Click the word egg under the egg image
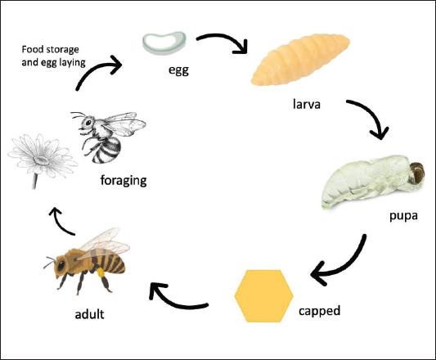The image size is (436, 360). point(178,70)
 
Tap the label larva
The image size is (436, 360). point(307,104)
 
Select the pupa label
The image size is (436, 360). point(403,216)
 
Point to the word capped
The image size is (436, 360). point(320,311)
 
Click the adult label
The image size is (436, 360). point(89,314)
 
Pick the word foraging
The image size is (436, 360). point(124,181)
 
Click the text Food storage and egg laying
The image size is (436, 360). point(53,56)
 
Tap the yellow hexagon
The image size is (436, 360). point(263,296)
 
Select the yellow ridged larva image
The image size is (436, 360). point(300,59)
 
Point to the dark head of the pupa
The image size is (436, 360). point(417,173)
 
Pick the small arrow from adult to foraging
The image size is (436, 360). point(60,221)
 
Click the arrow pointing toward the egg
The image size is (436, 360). point(95,68)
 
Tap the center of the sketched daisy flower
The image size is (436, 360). point(41,160)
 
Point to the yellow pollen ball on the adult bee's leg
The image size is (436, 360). point(101,272)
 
